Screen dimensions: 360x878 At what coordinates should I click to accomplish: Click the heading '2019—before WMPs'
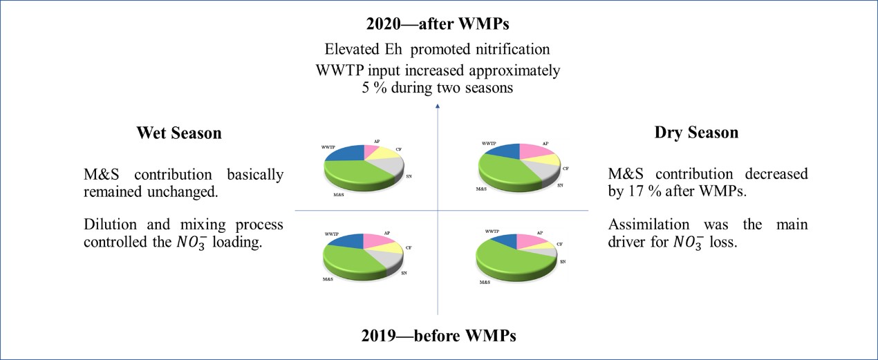click(x=438, y=337)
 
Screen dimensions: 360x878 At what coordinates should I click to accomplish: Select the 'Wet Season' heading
click(x=179, y=133)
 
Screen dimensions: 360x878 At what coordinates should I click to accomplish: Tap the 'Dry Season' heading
click(x=696, y=133)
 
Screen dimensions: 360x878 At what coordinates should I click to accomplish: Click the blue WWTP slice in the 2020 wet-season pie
click(x=344, y=153)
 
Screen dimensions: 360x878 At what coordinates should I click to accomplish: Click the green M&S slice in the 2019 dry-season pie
click(x=505, y=259)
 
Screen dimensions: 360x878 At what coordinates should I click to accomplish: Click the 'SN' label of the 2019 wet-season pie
click(x=404, y=273)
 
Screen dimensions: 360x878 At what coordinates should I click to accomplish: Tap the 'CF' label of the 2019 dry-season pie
click(x=559, y=245)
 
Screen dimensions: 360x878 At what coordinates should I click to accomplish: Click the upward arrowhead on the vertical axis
click(x=438, y=104)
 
